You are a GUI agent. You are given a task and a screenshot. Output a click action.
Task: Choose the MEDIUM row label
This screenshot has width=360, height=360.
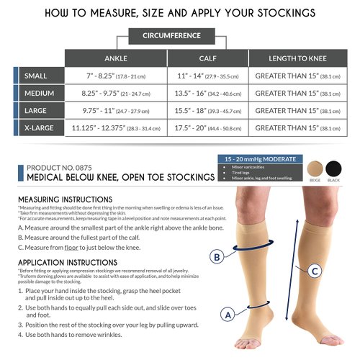(39, 94)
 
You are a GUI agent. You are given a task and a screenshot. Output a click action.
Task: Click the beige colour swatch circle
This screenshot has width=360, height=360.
(315, 168)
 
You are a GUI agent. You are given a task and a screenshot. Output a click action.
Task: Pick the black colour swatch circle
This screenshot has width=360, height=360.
(334, 168)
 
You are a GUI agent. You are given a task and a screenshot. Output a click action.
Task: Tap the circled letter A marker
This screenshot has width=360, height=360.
(228, 314)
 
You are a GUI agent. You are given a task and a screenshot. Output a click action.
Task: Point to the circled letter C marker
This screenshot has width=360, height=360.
(315, 271)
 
